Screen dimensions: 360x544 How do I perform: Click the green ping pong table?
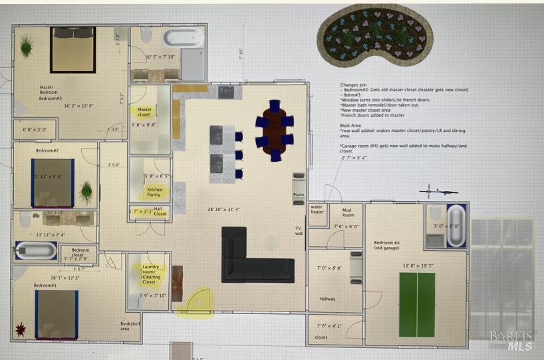click(x=416, y=305)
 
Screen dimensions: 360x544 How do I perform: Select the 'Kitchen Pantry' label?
click(x=154, y=192)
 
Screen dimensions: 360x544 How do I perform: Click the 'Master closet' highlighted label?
click(x=144, y=112)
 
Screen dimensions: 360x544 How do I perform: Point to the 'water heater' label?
click(x=318, y=210)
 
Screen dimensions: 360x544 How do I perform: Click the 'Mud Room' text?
click(x=348, y=212)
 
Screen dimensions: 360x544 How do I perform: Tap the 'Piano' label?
click(x=299, y=195)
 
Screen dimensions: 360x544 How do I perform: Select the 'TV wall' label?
click(x=299, y=231)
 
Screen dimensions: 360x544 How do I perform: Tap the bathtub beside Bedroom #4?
click(x=456, y=226)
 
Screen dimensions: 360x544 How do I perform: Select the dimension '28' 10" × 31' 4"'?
click(x=227, y=209)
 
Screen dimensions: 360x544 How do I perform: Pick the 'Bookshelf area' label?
click(x=120, y=327)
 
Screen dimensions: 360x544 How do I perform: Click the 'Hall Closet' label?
click(x=160, y=212)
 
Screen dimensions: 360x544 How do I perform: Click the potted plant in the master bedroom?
click(x=26, y=46)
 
